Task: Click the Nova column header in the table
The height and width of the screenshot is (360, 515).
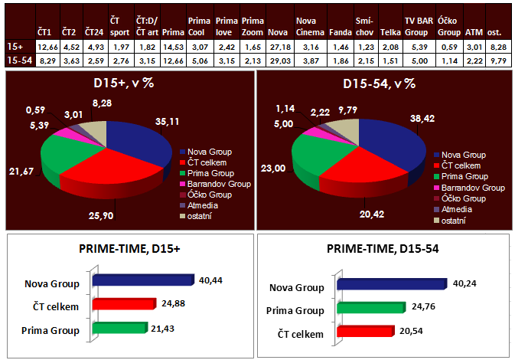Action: pos(279,32)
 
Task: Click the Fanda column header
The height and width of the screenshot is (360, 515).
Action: pos(340,32)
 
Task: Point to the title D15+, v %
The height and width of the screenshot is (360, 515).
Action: pos(127,83)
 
